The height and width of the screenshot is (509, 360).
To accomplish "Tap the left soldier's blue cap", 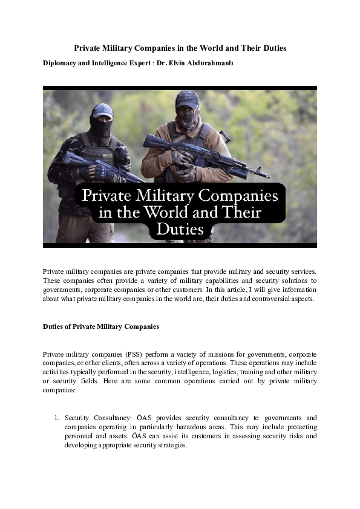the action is coord(102,109).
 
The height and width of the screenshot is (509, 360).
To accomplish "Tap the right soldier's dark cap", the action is coord(187,99).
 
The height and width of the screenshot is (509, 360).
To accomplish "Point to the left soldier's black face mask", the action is coord(101,126).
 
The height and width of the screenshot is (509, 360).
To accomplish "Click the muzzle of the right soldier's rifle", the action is coord(267,176).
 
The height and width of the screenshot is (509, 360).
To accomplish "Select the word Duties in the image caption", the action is coord(180,230).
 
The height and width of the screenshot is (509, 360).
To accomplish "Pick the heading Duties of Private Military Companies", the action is coord(101,326).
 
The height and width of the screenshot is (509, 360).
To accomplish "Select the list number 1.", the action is coord(56,418).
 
